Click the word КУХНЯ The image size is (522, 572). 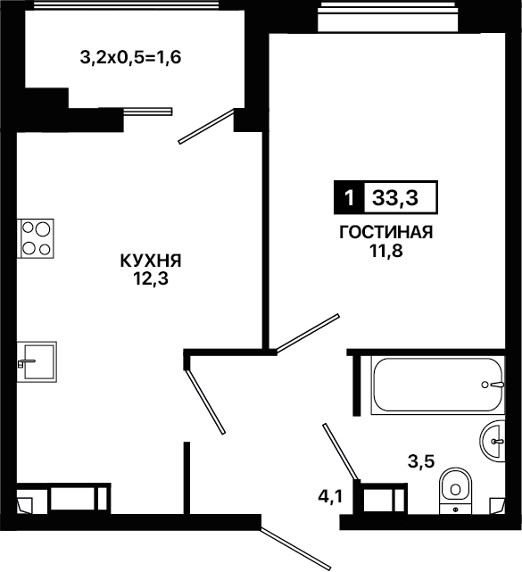pyautogui.click(x=151, y=261)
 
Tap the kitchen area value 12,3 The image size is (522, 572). pyautogui.click(x=150, y=279)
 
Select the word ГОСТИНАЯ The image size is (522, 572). pyautogui.click(x=386, y=232)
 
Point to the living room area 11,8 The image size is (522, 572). pyautogui.click(x=386, y=251)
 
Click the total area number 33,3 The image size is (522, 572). pyautogui.click(x=395, y=198)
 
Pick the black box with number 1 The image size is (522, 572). pyautogui.click(x=349, y=197)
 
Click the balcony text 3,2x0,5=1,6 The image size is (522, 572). pyautogui.click(x=130, y=58)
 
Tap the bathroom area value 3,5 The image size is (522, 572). pyautogui.click(x=421, y=461)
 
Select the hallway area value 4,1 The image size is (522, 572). pyautogui.click(x=330, y=496)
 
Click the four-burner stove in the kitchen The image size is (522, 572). pyautogui.click(x=36, y=238)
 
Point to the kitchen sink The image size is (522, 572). pyautogui.click(x=37, y=362)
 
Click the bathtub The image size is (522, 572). pyautogui.click(x=438, y=385)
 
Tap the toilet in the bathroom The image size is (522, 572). pyautogui.click(x=455, y=491)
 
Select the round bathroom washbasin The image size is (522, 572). pyautogui.click(x=493, y=441)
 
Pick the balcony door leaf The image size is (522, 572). pyautogui.click(x=206, y=126)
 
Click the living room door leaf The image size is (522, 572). pyautogui.click(x=308, y=334)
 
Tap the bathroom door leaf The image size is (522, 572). pyautogui.click(x=342, y=452)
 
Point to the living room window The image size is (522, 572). pyautogui.click(x=387, y=16)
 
